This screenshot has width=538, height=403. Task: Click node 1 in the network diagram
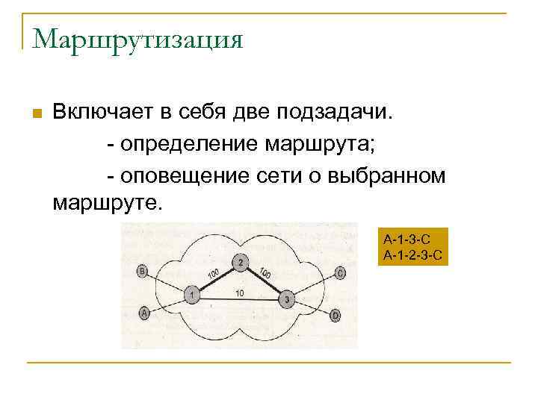coord(193,296)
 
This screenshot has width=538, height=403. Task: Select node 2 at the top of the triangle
coord(240,262)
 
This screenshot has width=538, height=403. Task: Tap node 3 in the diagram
coord(287,300)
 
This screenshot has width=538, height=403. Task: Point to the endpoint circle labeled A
coord(143,314)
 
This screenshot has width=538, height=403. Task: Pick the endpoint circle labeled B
coord(142,272)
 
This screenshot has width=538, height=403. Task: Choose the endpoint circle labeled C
coord(340,274)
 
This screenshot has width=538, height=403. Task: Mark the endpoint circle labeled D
coord(336,316)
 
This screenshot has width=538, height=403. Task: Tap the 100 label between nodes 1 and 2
coord(213,275)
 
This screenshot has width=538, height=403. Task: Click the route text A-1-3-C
coord(407,240)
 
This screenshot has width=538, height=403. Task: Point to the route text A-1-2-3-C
coord(413,254)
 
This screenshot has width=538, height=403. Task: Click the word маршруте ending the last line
coord(105,201)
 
